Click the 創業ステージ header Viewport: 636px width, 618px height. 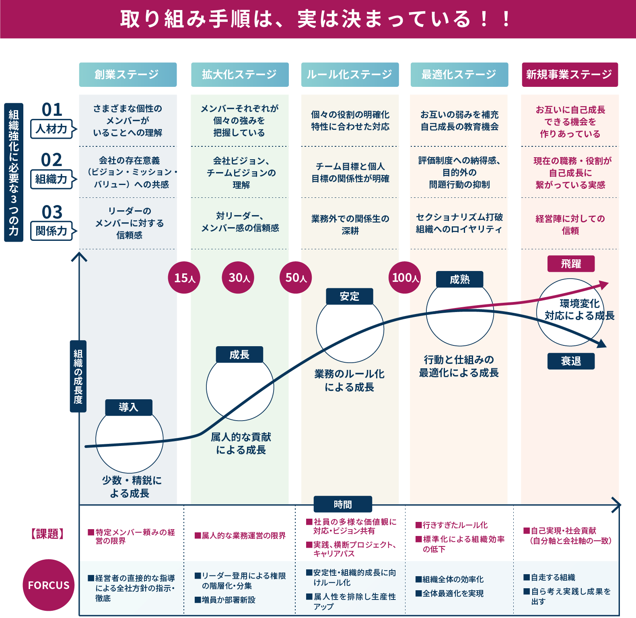128,74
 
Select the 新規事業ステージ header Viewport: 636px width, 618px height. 570,74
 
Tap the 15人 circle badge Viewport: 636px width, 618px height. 184,277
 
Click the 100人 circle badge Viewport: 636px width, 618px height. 405,277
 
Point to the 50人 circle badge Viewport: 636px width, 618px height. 296,277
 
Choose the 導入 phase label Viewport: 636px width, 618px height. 129,407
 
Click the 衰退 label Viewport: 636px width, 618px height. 571,361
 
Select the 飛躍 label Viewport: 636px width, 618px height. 571,264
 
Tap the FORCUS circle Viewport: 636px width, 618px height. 49,585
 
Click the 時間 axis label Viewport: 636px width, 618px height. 343,504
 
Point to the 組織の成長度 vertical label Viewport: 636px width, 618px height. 78,376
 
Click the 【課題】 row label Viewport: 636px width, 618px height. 47,534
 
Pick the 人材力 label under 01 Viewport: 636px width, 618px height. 51,129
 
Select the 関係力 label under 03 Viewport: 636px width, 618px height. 51,231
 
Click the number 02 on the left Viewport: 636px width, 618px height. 52,160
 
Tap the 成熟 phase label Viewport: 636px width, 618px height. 460,279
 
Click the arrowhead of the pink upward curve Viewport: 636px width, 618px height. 605,284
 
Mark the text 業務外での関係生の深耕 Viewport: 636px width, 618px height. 350,224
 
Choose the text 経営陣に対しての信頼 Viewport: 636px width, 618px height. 570,224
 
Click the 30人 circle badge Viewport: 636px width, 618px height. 238,277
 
